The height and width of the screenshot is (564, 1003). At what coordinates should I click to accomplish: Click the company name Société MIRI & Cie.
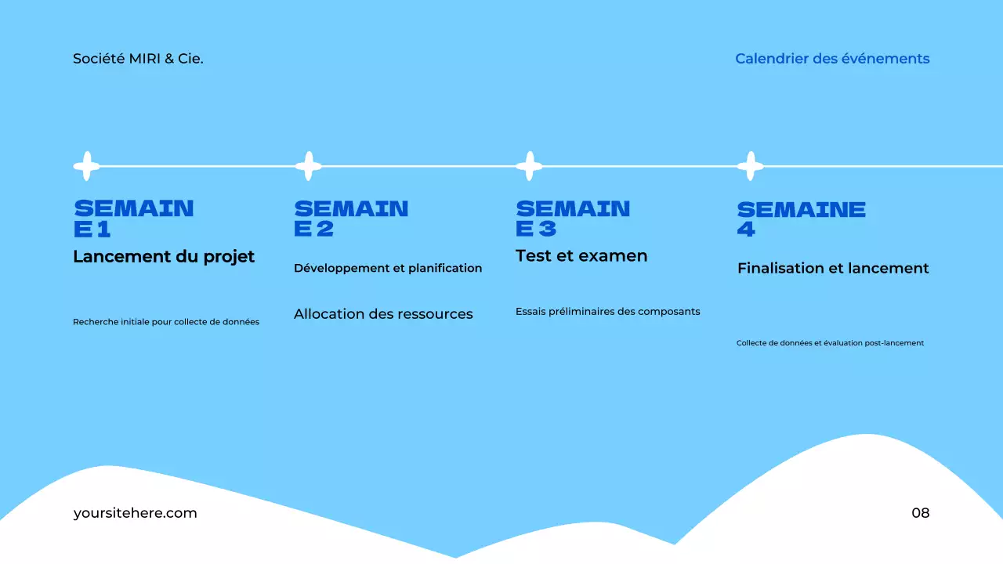coord(138,59)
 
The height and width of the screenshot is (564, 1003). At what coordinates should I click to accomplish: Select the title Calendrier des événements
coord(832,59)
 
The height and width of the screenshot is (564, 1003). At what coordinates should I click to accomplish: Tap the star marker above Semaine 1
coord(87,166)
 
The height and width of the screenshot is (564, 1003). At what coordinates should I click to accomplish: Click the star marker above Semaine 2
coord(308,166)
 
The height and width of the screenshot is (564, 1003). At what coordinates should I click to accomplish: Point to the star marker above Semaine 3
coord(529,166)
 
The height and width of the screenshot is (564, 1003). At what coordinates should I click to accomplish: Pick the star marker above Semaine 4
coord(750,166)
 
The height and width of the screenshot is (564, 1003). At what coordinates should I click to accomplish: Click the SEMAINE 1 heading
coord(133,219)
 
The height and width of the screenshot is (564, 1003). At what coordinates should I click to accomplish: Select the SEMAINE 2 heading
coord(351,219)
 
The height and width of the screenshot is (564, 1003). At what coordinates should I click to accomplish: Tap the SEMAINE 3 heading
coord(573,219)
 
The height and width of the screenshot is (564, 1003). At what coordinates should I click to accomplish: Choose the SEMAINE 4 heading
coord(801,219)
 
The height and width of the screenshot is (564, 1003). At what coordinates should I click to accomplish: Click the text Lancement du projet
coord(164,257)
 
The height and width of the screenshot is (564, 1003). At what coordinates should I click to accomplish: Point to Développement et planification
coord(388,268)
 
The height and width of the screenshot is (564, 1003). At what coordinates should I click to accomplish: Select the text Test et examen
coord(581,256)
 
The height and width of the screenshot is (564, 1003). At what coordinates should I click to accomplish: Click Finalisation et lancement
coord(833,269)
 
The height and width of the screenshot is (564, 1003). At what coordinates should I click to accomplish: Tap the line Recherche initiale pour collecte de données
coord(166,322)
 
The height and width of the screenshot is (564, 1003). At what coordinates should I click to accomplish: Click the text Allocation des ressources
coord(383,314)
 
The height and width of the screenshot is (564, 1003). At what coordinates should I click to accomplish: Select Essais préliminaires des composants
coord(607,312)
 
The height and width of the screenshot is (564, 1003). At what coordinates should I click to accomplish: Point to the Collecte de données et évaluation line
coord(830,343)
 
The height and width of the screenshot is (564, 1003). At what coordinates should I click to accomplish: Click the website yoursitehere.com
coord(135,513)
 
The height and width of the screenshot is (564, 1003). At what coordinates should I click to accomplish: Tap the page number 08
coord(920,513)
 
